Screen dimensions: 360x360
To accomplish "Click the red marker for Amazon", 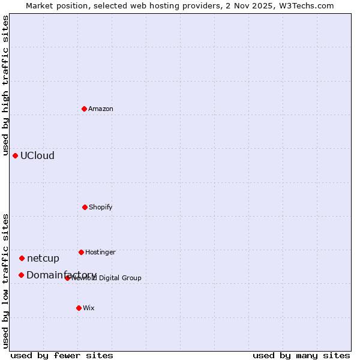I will tap(84, 109).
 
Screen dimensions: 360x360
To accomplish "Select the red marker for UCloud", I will tap(15, 155).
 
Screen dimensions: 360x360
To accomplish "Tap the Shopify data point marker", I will tap(85, 207).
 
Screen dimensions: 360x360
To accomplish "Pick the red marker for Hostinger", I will tap(81, 252).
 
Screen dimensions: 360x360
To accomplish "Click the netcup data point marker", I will tap(22, 258).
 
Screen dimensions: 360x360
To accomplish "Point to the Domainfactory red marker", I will tap(21, 275).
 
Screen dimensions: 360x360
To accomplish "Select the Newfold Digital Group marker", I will tap(67, 278).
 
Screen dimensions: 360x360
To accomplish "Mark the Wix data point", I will tap(79, 308).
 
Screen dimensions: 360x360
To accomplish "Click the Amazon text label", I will tap(101, 109).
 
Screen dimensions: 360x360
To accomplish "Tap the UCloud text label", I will tap(37, 155).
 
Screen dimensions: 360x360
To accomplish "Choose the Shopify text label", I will tap(101, 207).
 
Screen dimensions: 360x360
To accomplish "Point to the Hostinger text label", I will tap(100, 252).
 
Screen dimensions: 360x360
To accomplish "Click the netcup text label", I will tap(43, 259).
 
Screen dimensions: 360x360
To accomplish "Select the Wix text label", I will tap(89, 308).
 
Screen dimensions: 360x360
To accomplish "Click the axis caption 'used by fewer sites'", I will tap(62, 355).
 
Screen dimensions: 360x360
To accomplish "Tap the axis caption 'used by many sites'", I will tap(301, 355).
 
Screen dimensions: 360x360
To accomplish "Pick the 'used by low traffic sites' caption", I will tap(6, 280).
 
